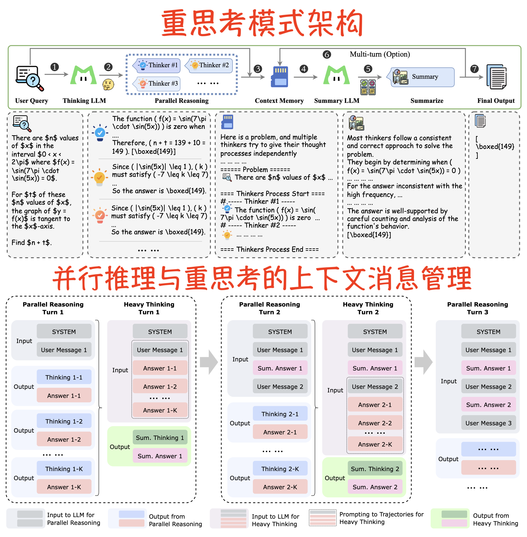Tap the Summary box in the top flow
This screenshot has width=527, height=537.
pos(423,77)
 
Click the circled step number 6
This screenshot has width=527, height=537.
pos(327,55)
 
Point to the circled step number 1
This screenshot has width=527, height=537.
pos(55,67)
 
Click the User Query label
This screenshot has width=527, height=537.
pos(32,101)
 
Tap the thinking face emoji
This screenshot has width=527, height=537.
pos(108,84)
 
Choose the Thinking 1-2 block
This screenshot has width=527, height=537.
pos(64,421)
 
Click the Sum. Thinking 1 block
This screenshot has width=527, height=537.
pos(160,437)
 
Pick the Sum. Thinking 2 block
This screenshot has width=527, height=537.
pos(375,469)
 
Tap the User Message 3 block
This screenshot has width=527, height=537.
pos(488,423)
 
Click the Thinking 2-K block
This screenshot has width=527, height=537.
pos(280,469)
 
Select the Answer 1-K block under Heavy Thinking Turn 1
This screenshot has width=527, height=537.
pos(160,410)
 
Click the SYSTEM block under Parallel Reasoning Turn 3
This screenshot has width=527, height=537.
pos(488,332)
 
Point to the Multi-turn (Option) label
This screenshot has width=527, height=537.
pos(380,54)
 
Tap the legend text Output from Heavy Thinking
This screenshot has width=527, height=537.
pos(495,519)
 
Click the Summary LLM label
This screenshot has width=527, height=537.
pos(337,101)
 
